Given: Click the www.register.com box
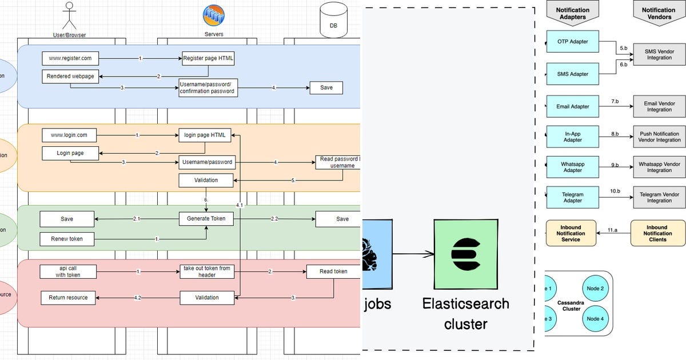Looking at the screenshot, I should [x=70, y=58].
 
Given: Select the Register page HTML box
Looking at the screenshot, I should [x=208, y=58].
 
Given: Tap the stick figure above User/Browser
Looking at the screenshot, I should [x=69, y=15].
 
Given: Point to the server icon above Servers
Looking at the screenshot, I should [x=214, y=15].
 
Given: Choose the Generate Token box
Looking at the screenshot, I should [x=206, y=219].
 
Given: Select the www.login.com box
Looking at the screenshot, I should [x=69, y=135].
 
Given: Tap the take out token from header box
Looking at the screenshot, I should [x=207, y=271].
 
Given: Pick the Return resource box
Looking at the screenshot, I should [x=68, y=298].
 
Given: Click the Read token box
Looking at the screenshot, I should [x=333, y=271].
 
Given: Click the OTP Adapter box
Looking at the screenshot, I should [x=572, y=42].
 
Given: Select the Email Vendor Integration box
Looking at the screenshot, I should [x=659, y=106].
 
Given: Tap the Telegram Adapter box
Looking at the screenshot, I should [x=572, y=198].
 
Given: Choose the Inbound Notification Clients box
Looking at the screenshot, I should [x=657, y=233].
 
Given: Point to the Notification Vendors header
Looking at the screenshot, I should [x=659, y=13].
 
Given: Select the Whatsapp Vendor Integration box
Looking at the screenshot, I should [x=659, y=167].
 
